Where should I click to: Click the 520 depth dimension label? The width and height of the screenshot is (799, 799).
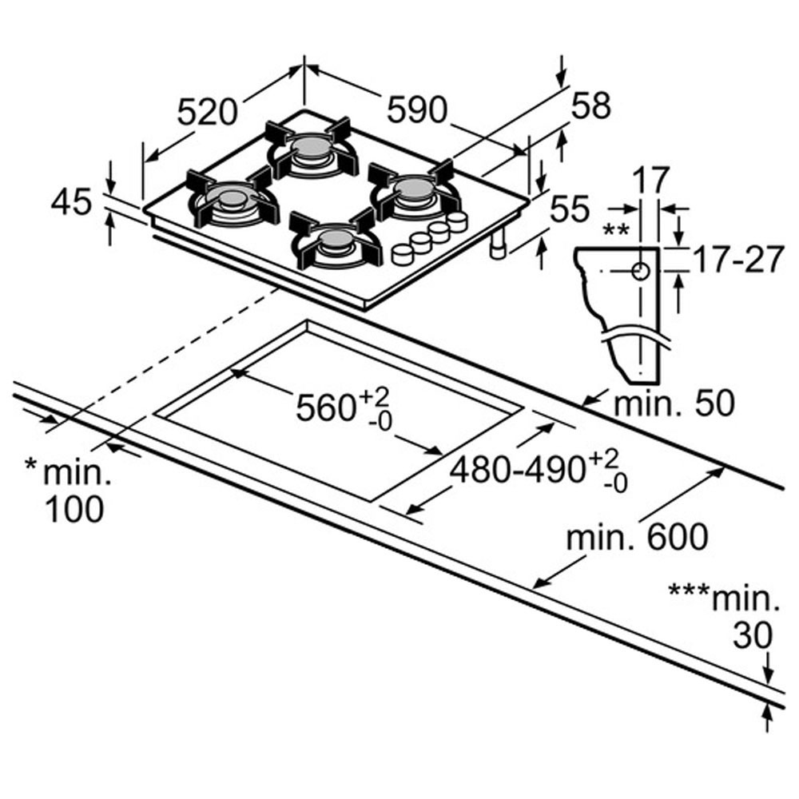207,111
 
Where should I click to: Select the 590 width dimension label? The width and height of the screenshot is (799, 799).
416,110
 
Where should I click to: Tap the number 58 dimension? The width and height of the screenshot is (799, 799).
590,105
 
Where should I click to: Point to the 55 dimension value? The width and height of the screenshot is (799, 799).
571,209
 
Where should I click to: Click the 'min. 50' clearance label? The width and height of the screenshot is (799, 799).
673,403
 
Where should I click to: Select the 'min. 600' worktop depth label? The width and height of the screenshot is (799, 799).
637,537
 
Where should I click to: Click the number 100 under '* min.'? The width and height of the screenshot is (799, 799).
74,509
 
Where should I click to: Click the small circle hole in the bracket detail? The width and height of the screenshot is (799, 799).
641,271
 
